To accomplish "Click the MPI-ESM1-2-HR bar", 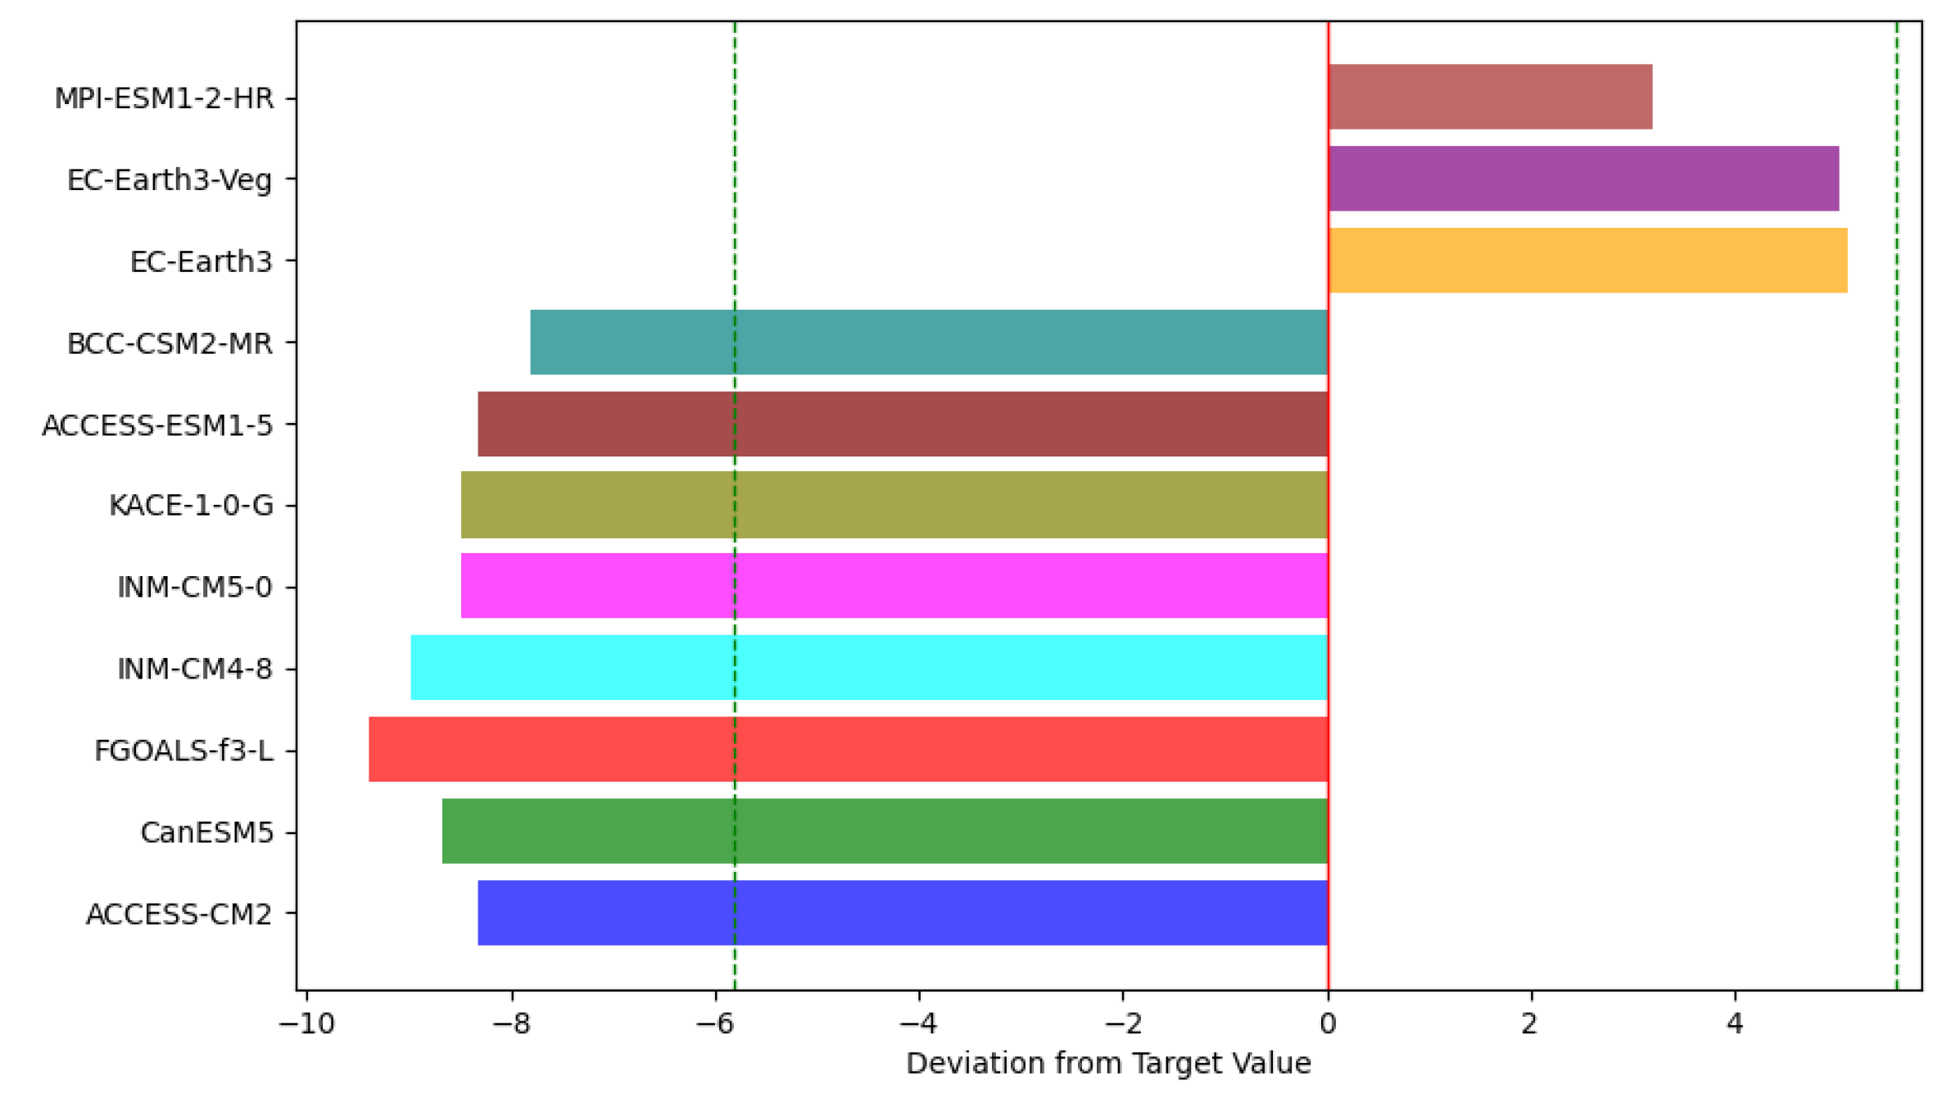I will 1489,97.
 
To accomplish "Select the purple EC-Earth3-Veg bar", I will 1583,179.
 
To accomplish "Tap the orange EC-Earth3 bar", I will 1587,261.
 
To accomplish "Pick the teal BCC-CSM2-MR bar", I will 928,343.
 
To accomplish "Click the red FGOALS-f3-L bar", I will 848,749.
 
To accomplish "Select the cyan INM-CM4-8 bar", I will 868,667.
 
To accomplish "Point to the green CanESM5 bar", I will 885,831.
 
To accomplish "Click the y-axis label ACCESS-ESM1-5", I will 157,425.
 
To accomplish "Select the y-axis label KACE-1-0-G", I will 191,506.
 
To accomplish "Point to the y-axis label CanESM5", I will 206,833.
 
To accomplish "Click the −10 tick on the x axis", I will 306,1024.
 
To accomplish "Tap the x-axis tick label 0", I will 1328,1024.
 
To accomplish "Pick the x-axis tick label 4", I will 1734,1024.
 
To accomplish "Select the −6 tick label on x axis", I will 714,1024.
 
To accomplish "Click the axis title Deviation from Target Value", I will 1108,1064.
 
